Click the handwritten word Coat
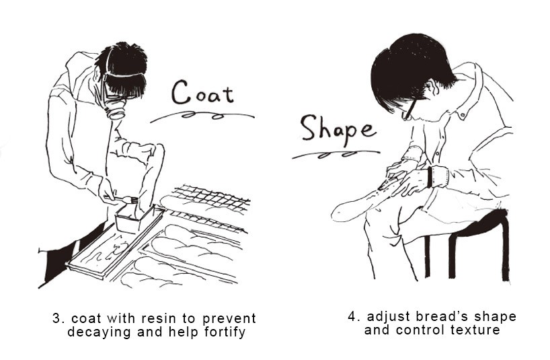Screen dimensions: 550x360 (202, 93)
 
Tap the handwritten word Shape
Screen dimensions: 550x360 (338, 131)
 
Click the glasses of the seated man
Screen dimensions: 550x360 (409, 108)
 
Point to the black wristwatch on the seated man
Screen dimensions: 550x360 (430, 177)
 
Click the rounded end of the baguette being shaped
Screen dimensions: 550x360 (338, 212)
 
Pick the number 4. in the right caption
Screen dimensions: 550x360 (354, 316)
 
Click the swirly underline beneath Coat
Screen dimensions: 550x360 (202, 116)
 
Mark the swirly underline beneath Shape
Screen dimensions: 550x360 (336, 154)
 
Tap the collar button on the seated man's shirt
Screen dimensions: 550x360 (462, 114)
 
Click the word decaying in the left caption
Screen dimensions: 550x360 (98, 332)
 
